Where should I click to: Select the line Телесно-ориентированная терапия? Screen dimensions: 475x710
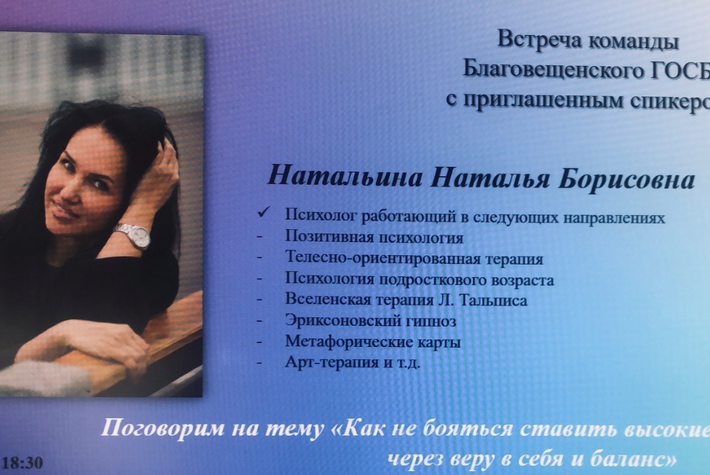click(414, 259)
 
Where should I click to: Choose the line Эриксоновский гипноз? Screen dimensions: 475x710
click(371, 321)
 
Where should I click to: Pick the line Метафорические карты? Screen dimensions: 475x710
click(373, 342)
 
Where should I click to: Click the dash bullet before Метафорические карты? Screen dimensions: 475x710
click(263, 343)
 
